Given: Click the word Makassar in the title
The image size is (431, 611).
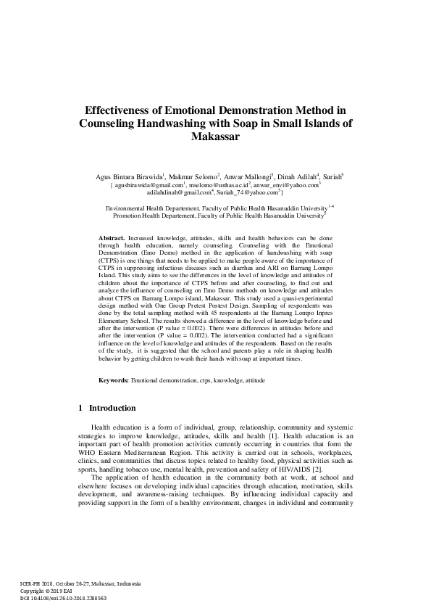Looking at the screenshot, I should click(x=215, y=136).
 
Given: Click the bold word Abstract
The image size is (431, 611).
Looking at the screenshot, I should click(x=112, y=238).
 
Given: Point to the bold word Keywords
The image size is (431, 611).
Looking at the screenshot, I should click(x=114, y=380).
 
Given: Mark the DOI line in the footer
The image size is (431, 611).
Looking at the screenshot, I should click(x=62, y=598).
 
